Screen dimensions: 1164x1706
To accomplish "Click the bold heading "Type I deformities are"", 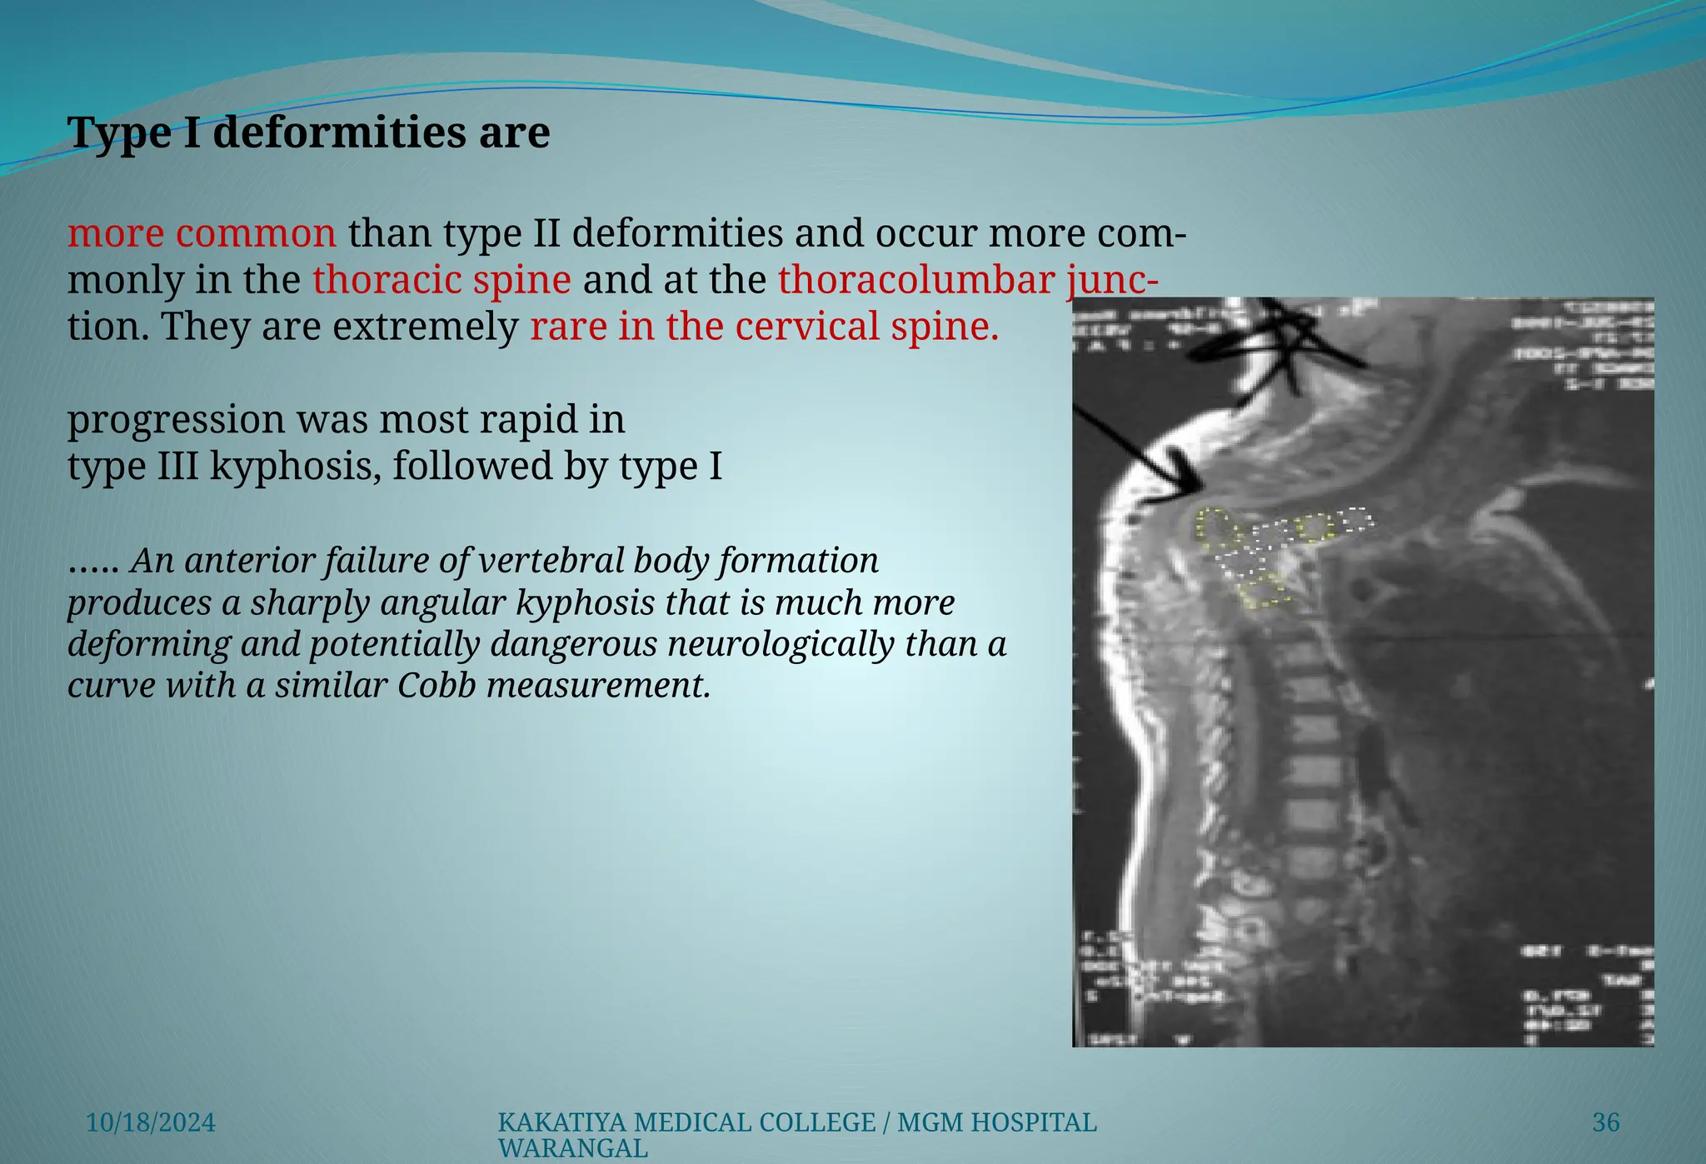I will tap(308, 133).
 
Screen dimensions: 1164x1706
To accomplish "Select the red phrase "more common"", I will tap(202, 234).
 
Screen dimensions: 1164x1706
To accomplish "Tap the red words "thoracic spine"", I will tap(441, 280).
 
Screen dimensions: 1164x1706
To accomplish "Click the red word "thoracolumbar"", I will tap(916, 280).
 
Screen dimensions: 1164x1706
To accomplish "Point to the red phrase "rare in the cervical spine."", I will tap(764, 327).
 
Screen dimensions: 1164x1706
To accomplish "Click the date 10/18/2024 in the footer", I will tap(151, 1123).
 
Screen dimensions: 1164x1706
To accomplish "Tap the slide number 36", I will tap(1605, 1123).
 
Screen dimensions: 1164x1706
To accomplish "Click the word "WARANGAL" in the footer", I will tap(572, 1149).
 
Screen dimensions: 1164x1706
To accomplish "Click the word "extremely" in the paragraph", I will tap(426, 327).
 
